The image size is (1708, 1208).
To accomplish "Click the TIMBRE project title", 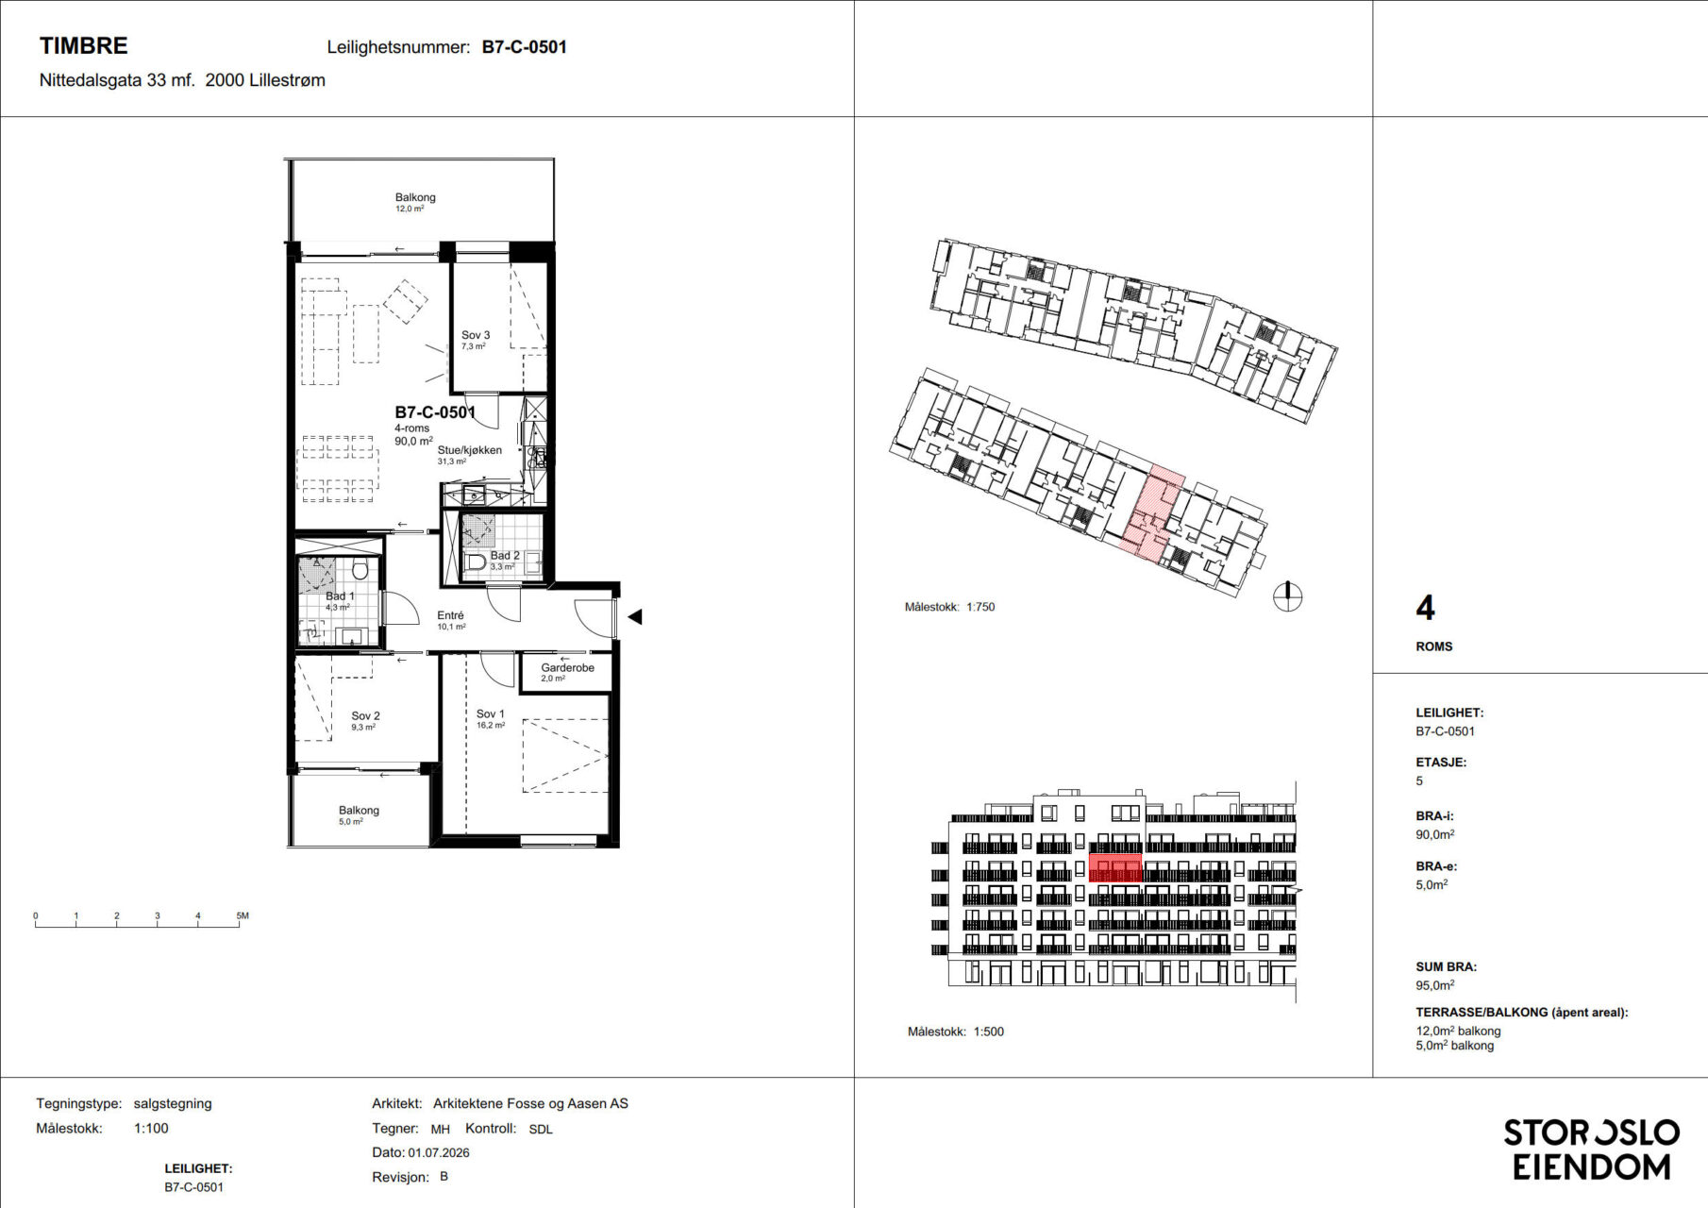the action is pyautogui.click(x=83, y=45).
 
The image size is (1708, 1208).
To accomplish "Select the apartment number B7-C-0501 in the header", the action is pyautogui.click(x=524, y=47).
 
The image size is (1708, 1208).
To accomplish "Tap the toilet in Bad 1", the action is pyautogui.click(x=360, y=569).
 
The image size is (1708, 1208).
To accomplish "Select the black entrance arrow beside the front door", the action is pyautogui.click(x=635, y=616).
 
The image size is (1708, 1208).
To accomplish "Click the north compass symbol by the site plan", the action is pyautogui.click(x=1287, y=596).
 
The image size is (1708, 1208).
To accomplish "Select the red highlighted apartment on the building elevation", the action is pyautogui.click(x=1114, y=868).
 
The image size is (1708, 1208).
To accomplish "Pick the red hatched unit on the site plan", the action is pyautogui.click(x=1150, y=514).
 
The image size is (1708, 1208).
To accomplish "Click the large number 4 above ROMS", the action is pyautogui.click(x=1425, y=608).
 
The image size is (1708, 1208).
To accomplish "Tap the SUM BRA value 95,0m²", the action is pyautogui.click(x=1434, y=984).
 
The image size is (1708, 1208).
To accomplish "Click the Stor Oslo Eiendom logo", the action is pyautogui.click(x=1591, y=1149).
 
